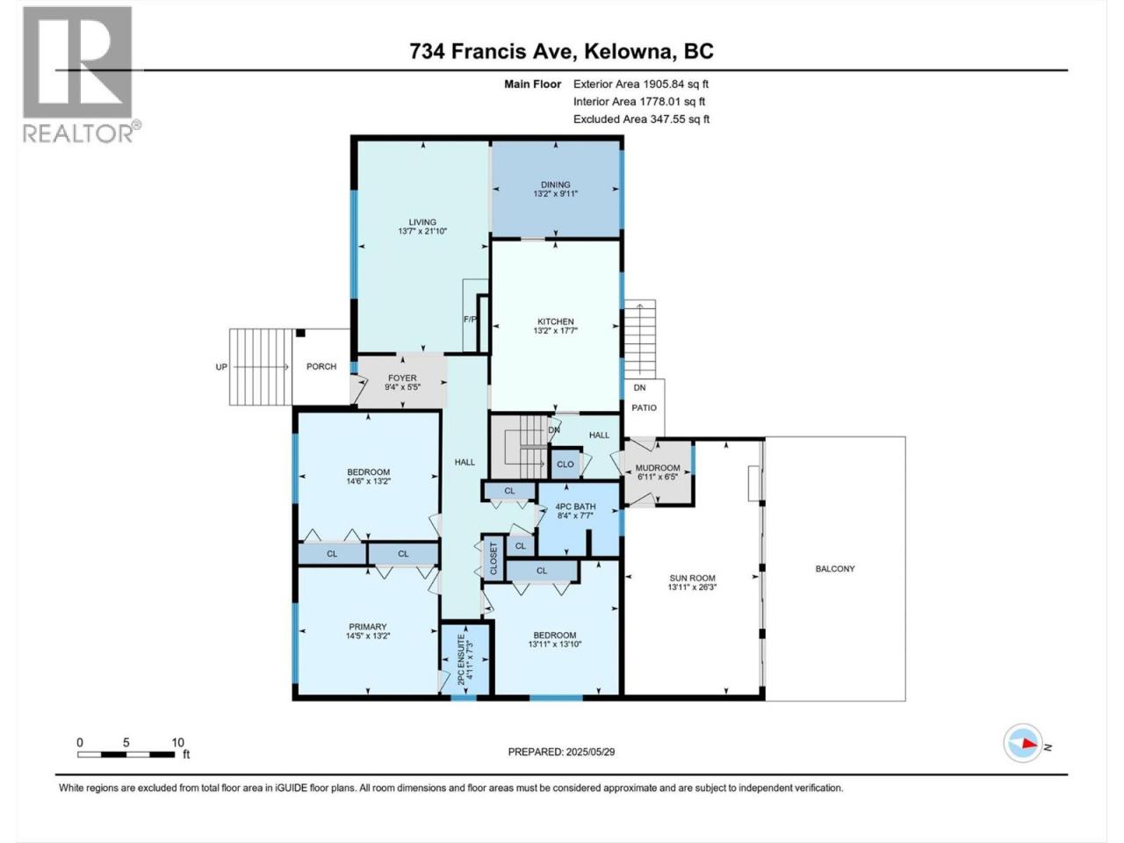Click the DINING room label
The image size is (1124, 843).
pyautogui.click(x=555, y=184)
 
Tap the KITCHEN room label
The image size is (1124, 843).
pyautogui.click(x=555, y=321)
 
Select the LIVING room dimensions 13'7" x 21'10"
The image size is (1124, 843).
pyautogui.click(x=422, y=231)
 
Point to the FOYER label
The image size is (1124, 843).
pyautogui.click(x=402, y=378)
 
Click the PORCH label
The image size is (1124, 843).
pyautogui.click(x=321, y=366)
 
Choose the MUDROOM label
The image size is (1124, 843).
pyautogui.click(x=658, y=468)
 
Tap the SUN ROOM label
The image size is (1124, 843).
pyautogui.click(x=692, y=578)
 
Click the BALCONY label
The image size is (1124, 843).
pyautogui.click(x=835, y=569)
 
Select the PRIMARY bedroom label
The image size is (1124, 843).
pyautogui.click(x=367, y=626)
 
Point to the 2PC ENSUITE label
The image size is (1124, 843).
pyautogui.click(x=461, y=659)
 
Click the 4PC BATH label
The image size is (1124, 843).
pyautogui.click(x=575, y=507)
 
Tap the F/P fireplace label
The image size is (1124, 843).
pyautogui.click(x=470, y=319)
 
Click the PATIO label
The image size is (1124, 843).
pyautogui.click(x=644, y=408)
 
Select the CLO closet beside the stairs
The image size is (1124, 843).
pyautogui.click(x=565, y=465)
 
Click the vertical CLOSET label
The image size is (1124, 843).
pyautogui.click(x=494, y=559)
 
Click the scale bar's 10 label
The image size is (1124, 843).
pyautogui.click(x=177, y=743)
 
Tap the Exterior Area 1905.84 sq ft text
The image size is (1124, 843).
pyautogui.click(x=641, y=84)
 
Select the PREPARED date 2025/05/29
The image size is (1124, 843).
pyautogui.click(x=590, y=752)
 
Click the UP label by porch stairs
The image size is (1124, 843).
pyautogui.click(x=221, y=367)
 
